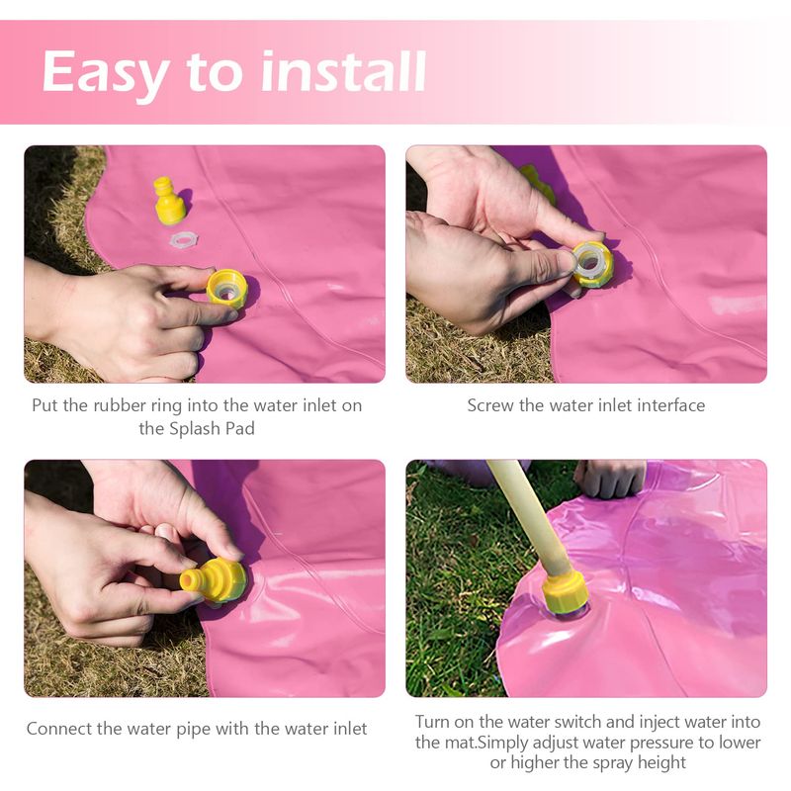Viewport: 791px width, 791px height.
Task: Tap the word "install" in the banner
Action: (343, 71)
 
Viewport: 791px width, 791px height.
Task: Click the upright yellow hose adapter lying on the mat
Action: (169, 201)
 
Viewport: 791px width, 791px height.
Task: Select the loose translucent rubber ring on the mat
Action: (184, 238)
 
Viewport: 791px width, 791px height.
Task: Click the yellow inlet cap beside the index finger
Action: (227, 288)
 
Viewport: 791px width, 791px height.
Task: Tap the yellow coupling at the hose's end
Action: (565, 591)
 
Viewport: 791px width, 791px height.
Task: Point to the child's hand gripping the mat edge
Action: (610, 478)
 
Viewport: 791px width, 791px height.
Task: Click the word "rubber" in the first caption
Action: (120, 405)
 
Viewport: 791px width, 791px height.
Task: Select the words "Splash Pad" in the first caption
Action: (212, 429)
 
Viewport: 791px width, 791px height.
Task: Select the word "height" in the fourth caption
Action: (661, 763)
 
